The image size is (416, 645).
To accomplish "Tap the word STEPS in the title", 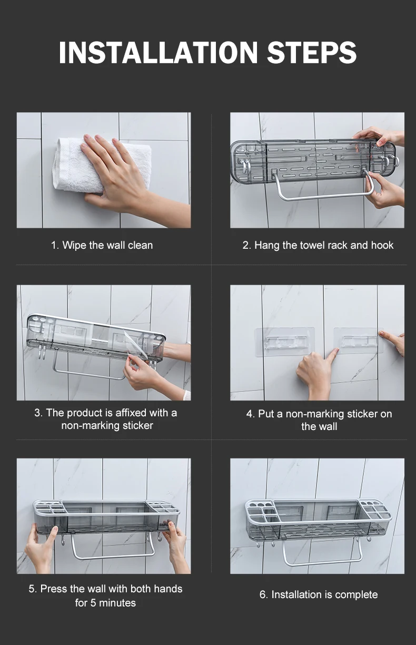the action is click(x=312, y=52).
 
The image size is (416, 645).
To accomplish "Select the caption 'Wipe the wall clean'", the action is click(x=107, y=246).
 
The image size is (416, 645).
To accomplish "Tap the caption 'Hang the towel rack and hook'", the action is click(x=324, y=246).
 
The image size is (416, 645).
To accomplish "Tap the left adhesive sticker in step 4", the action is click(x=285, y=342).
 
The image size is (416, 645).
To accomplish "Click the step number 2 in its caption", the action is click(x=245, y=246).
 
